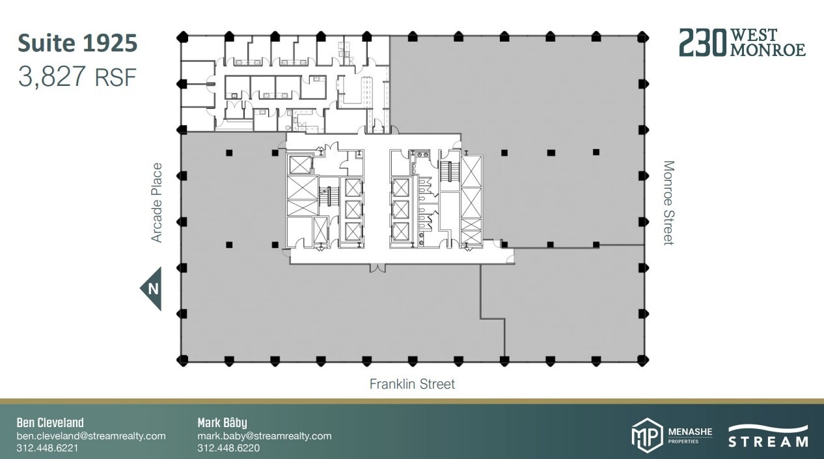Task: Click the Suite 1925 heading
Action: click(77, 44)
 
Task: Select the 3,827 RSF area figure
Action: click(77, 77)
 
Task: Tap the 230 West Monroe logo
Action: click(742, 42)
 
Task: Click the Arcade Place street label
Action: click(157, 202)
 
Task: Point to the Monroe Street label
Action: click(668, 202)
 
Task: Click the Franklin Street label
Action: click(412, 384)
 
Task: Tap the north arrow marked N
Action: click(152, 288)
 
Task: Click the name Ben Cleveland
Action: click(50, 423)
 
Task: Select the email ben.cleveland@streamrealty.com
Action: click(91, 436)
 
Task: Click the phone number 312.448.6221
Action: click(48, 448)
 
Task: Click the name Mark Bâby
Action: click(222, 423)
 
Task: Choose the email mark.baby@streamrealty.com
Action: click(264, 436)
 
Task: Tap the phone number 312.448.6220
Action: click(228, 448)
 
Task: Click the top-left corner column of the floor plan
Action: click(183, 35)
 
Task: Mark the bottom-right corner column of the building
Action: click(643, 359)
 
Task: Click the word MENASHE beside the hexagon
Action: click(690, 432)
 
